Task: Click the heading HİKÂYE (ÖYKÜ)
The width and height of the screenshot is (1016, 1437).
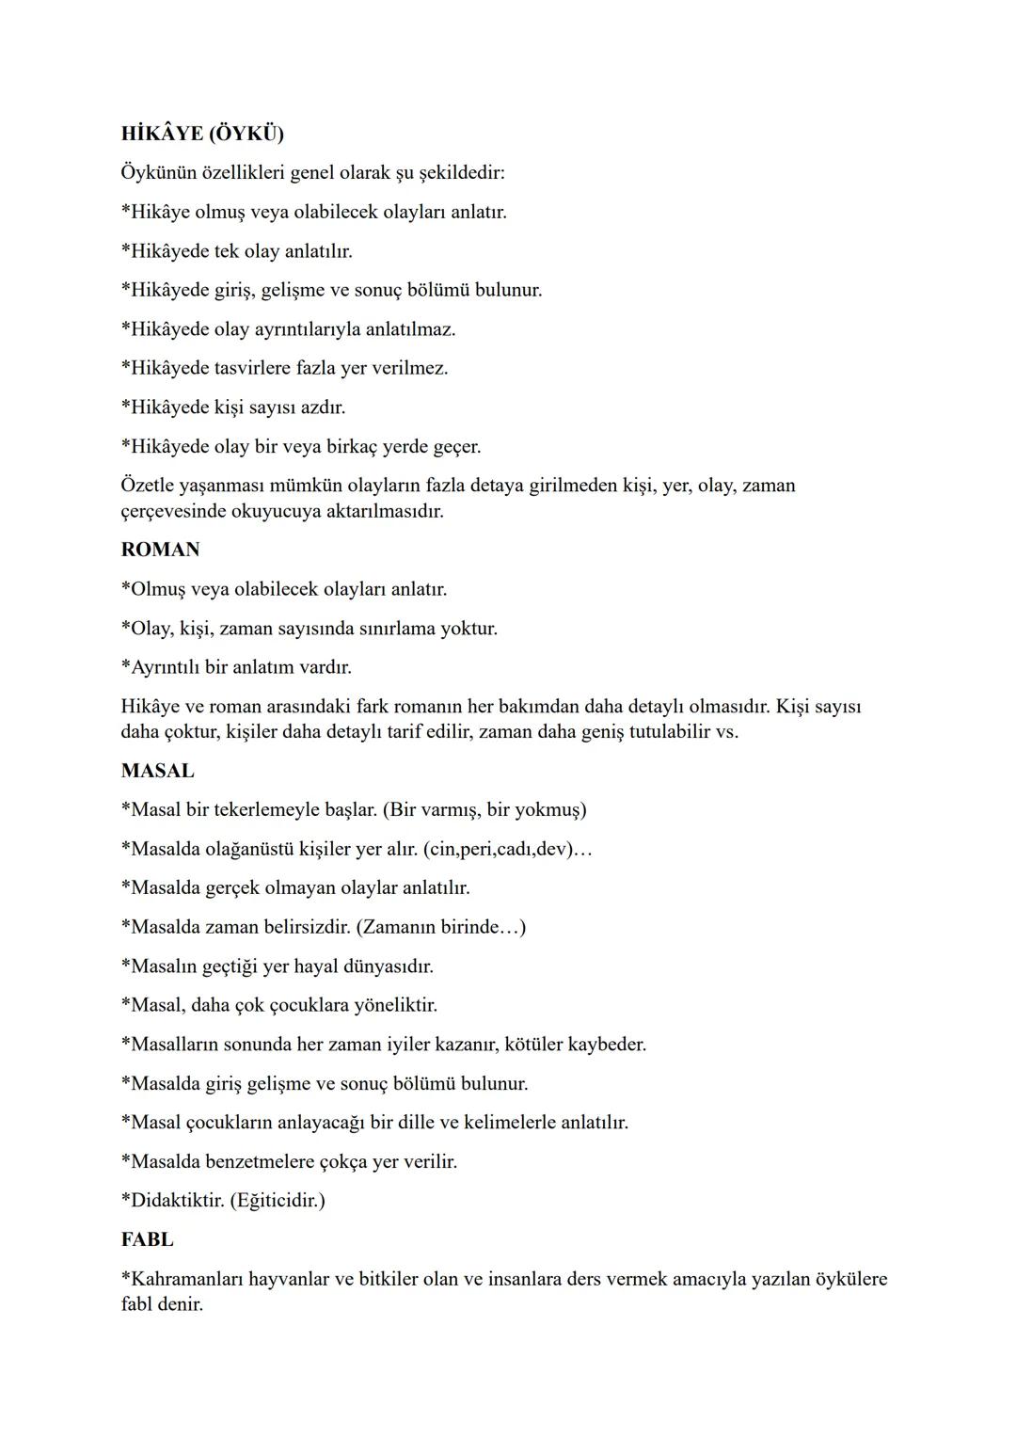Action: coord(202,134)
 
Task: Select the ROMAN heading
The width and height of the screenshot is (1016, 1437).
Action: coord(160,550)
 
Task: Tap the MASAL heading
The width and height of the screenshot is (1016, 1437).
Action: coord(157,771)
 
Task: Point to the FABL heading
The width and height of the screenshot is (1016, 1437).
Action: coord(147,1239)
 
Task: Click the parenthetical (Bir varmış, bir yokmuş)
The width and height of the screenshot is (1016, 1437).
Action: coord(484,810)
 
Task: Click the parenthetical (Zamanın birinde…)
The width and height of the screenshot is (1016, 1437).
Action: coord(441,927)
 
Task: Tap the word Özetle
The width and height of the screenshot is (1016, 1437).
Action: coord(151,486)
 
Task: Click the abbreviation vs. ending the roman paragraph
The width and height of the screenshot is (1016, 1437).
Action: coord(726,731)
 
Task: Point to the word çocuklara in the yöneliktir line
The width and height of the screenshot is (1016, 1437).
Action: coord(309,1005)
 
